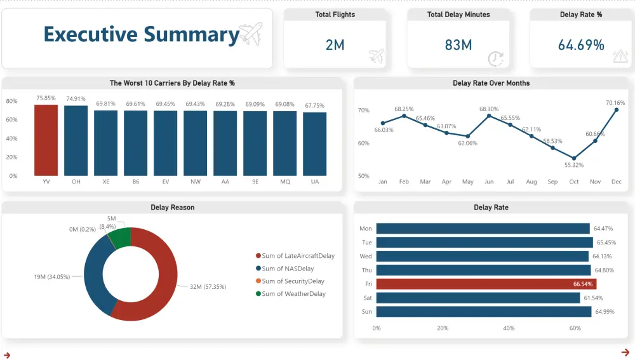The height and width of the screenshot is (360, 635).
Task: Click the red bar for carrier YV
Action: (46, 140)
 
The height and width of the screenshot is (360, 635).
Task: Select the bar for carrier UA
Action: (315, 144)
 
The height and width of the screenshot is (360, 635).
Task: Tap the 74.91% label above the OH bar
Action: (76, 98)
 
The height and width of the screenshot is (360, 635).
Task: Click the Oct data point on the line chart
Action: (574, 158)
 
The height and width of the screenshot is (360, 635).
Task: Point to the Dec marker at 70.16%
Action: (617, 110)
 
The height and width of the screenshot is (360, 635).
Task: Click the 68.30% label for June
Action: (489, 109)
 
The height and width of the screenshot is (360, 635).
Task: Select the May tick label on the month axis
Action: (468, 182)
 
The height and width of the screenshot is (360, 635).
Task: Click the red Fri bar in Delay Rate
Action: (486, 284)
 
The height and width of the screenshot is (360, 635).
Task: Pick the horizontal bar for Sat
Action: (478, 298)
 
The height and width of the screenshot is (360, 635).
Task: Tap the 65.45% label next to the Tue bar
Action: (603, 243)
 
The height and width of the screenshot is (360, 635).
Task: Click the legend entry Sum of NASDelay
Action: (288, 269)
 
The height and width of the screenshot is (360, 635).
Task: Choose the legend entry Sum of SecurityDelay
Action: (293, 281)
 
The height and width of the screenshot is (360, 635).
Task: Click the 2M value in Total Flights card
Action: (335, 45)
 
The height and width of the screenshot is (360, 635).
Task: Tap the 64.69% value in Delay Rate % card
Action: (580, 45)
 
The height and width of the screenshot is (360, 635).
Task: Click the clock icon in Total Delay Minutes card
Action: (495, 58)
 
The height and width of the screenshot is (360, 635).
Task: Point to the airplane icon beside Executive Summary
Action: (250, 34)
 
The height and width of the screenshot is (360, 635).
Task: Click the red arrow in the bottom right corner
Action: (625, 352)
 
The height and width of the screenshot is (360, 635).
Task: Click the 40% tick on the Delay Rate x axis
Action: (509, 328)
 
